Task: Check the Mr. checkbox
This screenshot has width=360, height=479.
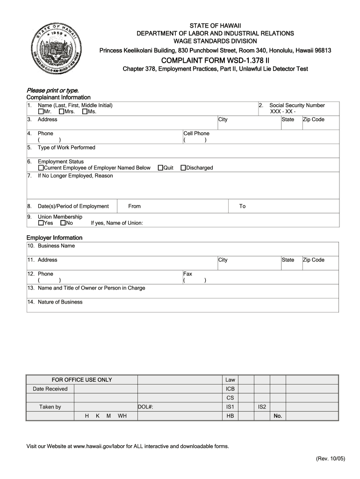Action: point(41,112)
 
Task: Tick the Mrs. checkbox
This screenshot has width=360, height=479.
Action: point(62,112)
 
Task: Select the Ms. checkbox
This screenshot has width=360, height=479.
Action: point(85,112)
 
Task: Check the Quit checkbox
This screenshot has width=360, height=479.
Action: point(160,168)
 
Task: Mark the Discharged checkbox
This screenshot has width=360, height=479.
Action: point(183,168)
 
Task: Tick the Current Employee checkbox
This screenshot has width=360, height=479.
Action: point(41,168)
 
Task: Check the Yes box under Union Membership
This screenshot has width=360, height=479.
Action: point(41,223)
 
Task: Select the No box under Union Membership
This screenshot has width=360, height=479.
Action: point(63,223)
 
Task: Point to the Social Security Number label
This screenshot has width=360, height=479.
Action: point(297,106)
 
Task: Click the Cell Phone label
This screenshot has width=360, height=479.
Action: point(196,134)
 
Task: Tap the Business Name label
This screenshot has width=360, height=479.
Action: point(56,246)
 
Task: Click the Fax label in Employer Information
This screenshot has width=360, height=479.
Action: point(187,274)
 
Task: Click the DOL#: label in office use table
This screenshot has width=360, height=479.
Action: point(146,407)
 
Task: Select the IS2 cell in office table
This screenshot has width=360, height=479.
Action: point(262,407)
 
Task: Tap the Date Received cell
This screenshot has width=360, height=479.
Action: point(50,389)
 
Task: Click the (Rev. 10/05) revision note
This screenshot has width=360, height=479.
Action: point(331,459)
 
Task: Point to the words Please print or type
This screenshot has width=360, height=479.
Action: point(52,90)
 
